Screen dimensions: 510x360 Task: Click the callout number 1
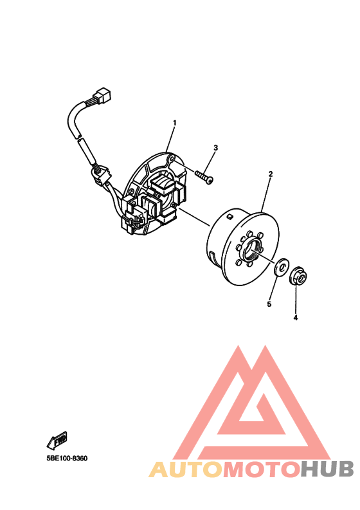pos(174,123)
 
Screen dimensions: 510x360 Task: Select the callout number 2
pos(271,174)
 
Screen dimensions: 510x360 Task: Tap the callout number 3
pos(215,148)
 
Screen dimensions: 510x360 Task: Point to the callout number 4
pos(296,317)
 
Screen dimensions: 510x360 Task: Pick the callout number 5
pos(269,304)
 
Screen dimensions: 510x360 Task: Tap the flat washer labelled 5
pos(280,268)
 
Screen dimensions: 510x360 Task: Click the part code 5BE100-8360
pos(66,459)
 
